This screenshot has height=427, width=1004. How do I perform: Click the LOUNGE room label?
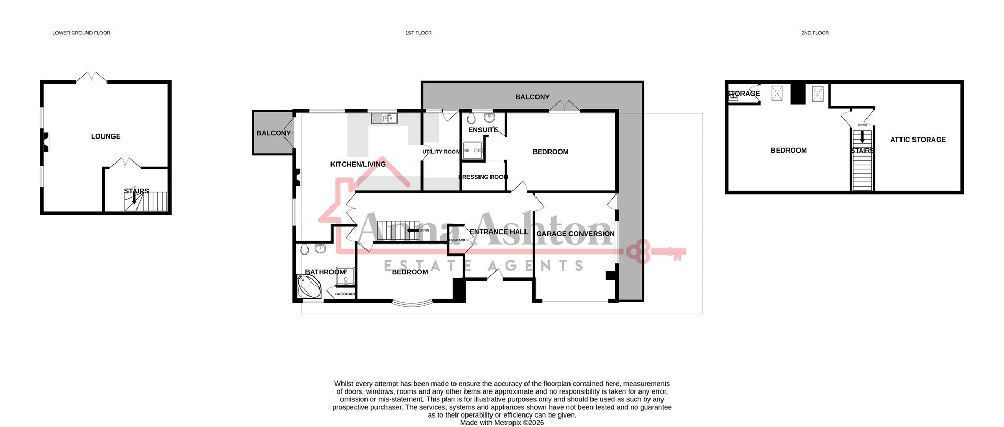point(106,136)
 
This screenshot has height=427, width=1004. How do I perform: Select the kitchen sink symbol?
point(384,119)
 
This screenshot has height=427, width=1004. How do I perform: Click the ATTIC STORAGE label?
point(918,140)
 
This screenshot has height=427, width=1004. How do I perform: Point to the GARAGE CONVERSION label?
point(575,234)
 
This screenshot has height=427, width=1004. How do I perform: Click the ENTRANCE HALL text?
point(498,232)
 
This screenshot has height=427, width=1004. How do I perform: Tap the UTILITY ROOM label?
point(441,152)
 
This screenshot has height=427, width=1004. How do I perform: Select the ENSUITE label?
point(483,130)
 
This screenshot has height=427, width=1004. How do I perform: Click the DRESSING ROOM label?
point(483,177)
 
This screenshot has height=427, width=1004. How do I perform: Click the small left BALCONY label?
point(273,133)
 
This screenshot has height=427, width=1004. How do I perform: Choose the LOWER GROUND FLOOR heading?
point(81,33)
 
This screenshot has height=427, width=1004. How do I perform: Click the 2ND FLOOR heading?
point(815,33)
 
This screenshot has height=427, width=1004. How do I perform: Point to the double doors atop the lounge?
point(92,77)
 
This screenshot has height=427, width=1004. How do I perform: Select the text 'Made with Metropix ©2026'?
point(501,423)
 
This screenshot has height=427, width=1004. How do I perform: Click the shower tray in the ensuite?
point(472,151)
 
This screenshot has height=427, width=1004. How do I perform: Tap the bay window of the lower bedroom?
point(413,303)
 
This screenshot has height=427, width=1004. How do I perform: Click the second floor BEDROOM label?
point(788,151)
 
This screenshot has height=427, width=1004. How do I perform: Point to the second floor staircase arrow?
point(862,137)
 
